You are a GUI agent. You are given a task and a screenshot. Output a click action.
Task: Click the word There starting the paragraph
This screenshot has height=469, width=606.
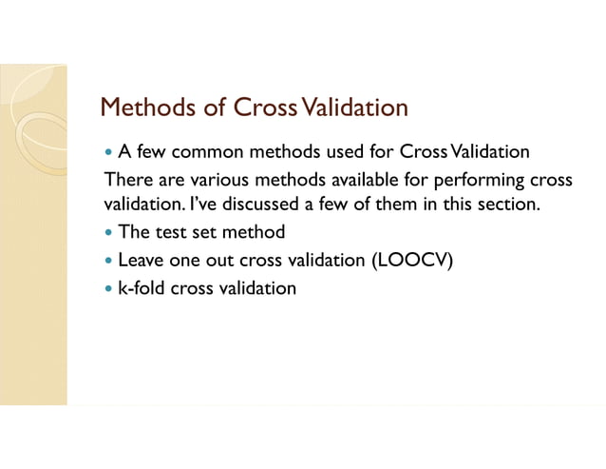click(x=125, y=179)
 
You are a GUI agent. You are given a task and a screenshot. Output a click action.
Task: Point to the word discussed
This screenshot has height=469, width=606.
click(x=260, y=204)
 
